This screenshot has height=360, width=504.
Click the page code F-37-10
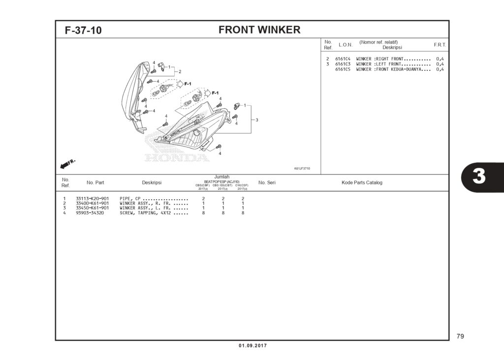tap(83, 30)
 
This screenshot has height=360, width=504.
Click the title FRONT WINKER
tap(259, 30)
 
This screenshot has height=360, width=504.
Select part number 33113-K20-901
tap(92, 199)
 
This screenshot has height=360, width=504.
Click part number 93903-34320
tap(90, 213)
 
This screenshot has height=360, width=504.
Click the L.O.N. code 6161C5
tap(343, 69)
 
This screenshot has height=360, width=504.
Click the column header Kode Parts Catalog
tap(362, 182)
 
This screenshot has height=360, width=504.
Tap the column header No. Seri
tap(267, 182)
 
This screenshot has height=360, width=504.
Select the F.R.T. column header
tap(440, 45)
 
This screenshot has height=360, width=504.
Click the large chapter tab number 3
tap(478, 177)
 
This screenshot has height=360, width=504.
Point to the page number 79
tap(460, 336)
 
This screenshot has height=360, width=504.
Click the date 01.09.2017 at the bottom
tap(252, 346)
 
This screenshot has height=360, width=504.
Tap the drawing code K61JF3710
tap(302, 168)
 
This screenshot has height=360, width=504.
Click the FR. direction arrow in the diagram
tap(67, 163)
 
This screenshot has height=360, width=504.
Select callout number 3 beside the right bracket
tap(256, 120)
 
